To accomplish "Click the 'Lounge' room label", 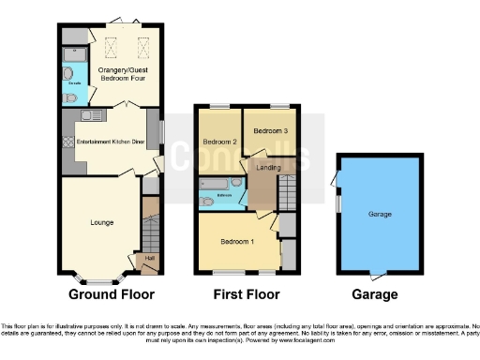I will tap(101, 222).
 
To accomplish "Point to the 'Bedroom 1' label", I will tap(235, 241).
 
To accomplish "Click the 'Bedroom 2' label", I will tap(217, 142).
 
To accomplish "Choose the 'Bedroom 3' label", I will tap(272, 131).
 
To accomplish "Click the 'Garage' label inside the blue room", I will tap(379, 214).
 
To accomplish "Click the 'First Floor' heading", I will tap(246, 293).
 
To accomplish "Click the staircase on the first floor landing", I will tap(287, 192).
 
